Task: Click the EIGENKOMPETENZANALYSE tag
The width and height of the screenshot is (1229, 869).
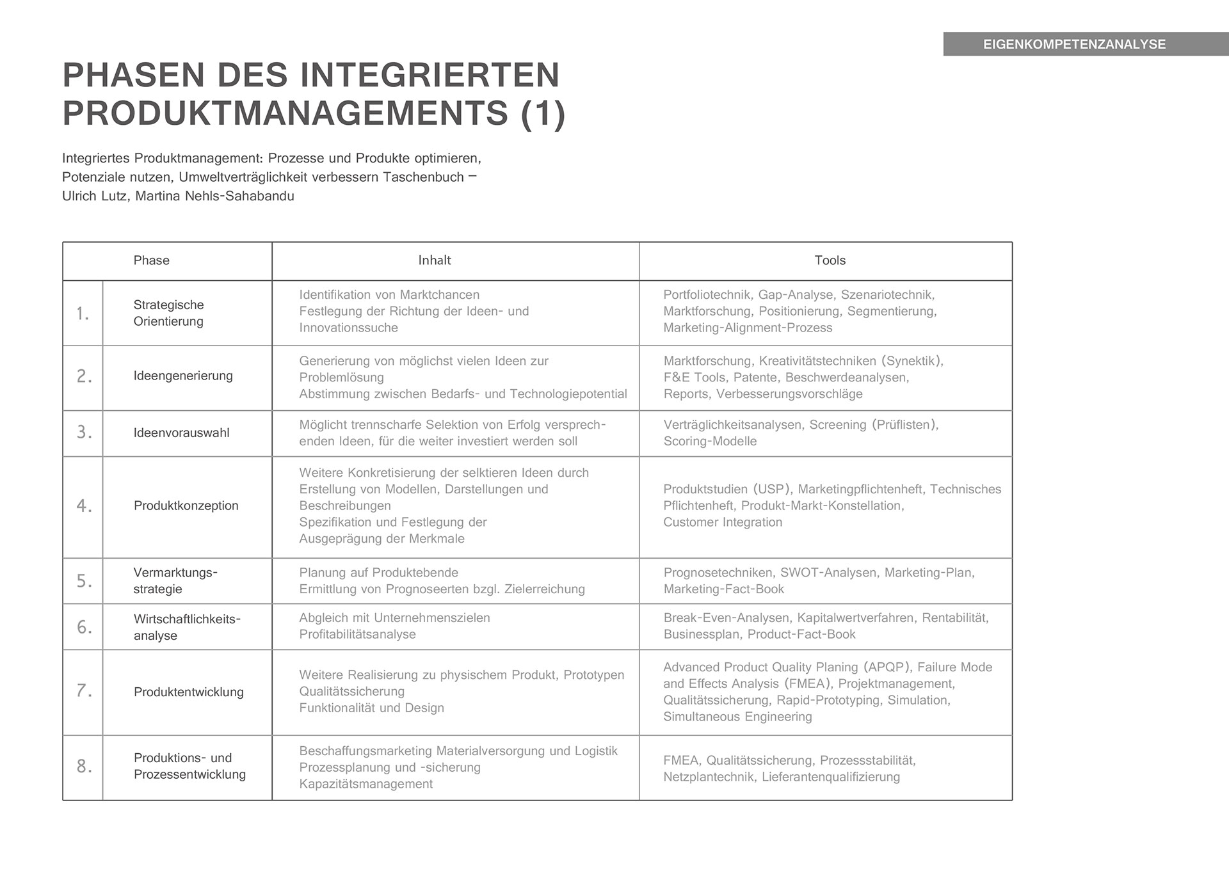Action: pos(1074,44)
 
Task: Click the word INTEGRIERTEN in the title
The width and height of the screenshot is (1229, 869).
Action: pos(430,75)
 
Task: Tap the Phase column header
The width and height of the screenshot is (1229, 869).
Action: pos(151,260)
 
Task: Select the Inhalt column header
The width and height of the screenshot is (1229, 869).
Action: pos(435,260)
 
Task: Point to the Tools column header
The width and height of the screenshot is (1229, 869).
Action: pos(830,260)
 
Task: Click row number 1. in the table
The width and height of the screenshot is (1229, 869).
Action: pos(83,314)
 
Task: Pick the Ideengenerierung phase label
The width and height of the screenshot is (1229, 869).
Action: pos(183,376)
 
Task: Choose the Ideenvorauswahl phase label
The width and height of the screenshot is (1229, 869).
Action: pos(181,433)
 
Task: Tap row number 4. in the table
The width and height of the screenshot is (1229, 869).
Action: pos(84,506)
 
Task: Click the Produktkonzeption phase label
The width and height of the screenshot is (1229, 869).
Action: pos(186,506)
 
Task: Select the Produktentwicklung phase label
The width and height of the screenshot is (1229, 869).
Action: pos(188,692)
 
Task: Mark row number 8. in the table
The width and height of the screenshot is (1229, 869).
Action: pos(84,766)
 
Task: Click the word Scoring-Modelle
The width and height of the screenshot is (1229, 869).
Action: pos(710,441)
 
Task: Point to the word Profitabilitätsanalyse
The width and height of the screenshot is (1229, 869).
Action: pos(357,634)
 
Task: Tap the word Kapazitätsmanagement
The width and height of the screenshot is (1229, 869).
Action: pos(365,784)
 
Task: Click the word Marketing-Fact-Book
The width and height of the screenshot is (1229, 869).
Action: pos(723,589)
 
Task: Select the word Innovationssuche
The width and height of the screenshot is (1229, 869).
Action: pos(348,328)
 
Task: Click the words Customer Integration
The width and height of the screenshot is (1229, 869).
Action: pos(723,522)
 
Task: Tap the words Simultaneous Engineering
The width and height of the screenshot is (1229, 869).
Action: pos(737,717)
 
